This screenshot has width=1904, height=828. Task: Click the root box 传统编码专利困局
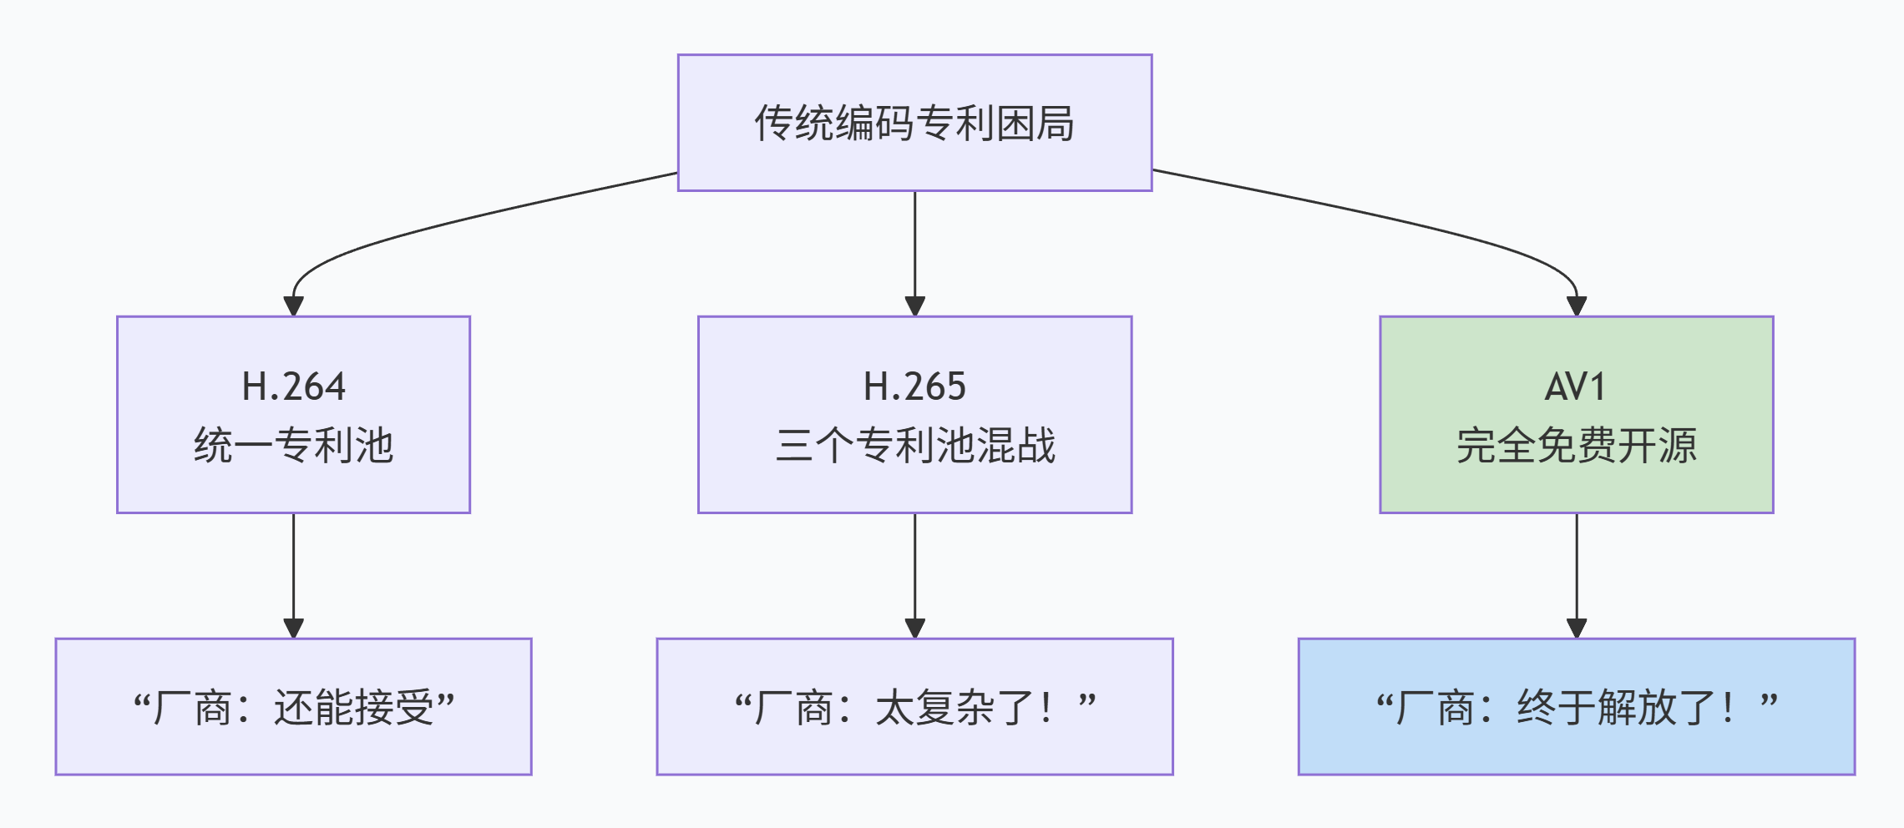914,123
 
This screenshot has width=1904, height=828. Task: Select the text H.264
293,386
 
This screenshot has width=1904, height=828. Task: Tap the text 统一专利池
293,445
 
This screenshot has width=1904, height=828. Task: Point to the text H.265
914,386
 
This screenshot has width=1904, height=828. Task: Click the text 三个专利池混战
914,445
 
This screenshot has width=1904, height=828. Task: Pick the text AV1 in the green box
1575,386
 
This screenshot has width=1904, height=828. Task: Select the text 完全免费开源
1576,445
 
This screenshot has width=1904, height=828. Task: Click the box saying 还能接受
293,707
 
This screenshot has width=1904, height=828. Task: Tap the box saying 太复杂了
914,707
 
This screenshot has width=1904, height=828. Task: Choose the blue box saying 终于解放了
1576,707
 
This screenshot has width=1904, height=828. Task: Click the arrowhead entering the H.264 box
293,305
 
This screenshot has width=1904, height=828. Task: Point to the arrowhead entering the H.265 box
914,305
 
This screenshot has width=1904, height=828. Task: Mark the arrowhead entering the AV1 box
1576,305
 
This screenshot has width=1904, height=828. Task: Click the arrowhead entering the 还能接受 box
293,628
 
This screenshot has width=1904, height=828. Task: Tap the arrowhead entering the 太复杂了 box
914,628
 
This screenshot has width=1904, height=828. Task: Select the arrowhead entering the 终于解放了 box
1576,628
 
